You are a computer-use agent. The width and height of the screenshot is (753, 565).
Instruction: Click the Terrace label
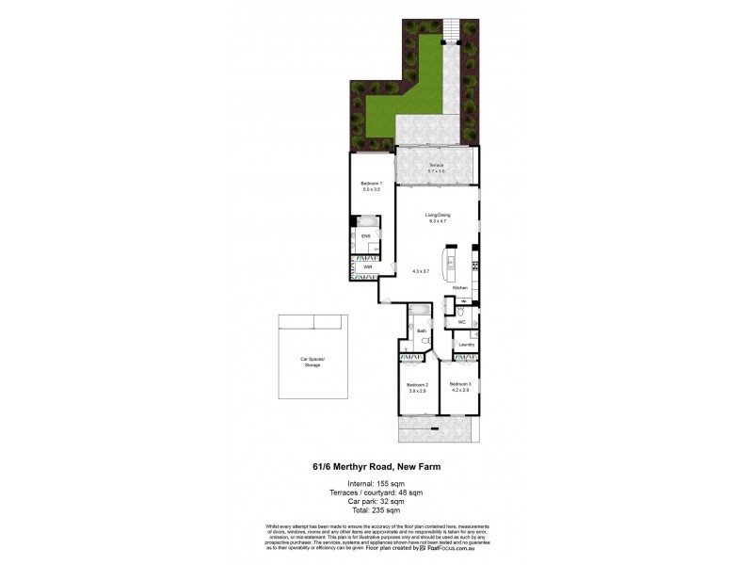435,167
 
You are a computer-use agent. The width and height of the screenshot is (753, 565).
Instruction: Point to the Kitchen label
459,286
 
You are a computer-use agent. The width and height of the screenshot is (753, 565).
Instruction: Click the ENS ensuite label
364,235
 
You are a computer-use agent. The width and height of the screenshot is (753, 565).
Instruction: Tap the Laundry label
465,346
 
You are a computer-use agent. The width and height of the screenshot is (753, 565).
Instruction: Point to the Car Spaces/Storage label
311,361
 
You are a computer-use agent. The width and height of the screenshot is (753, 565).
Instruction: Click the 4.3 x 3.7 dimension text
420,270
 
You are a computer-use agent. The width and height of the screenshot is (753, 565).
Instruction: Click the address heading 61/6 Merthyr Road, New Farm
376,463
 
